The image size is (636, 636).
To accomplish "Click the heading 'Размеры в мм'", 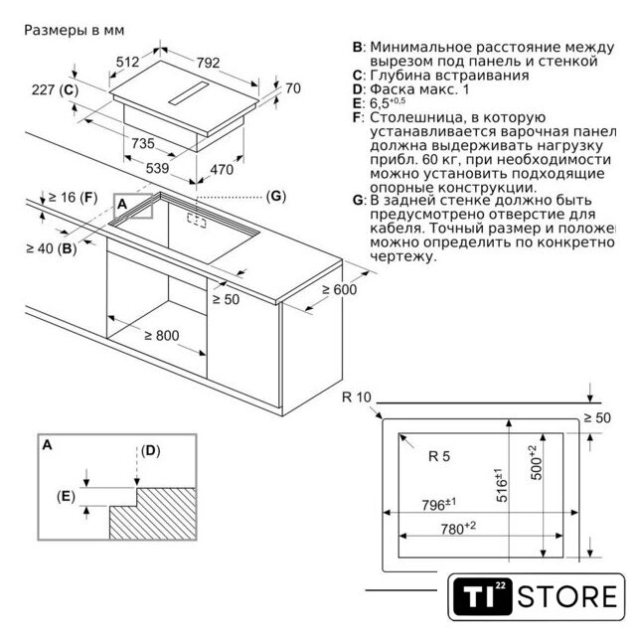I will tap(68, 31).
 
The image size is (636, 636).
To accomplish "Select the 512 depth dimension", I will tap(127, 63).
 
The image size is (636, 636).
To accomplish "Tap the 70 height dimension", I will tap(292, 88).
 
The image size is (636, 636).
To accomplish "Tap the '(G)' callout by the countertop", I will tap(278, 196).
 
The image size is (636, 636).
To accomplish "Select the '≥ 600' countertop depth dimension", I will tap(338, 290).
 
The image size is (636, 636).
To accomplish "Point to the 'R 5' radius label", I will tap(439, 457).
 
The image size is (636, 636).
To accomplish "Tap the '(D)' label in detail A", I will tap(150, 450).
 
